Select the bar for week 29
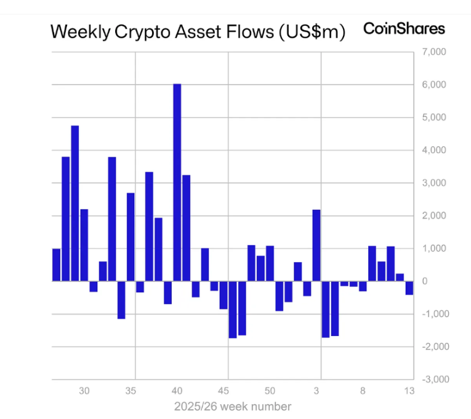(x=74, y=203)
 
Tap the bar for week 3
(x=316, y=245)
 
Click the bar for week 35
(x=131, y=237)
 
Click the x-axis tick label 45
(x=223, y=391)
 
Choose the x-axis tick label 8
(x=363, y=391)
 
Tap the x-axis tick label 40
(x=177, y=391)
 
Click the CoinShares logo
(x=404, y=28)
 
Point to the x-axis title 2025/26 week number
(x=232, y=407)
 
